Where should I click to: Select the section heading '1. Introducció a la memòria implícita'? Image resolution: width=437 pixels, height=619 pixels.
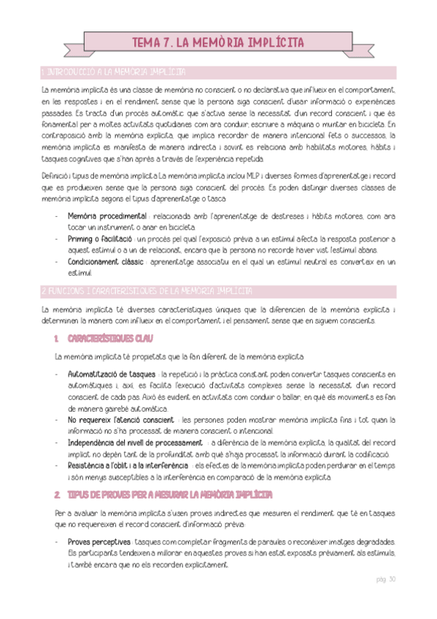(x=113, y=72)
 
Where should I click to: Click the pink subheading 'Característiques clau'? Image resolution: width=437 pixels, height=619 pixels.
(x=109, y=339)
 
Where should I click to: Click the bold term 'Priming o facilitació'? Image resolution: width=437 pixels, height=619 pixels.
(x=99, y=239)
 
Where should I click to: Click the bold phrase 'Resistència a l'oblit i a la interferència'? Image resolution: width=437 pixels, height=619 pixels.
(x=127, y=465)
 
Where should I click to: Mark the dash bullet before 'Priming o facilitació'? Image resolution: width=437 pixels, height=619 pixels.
(x=57, y=239)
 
